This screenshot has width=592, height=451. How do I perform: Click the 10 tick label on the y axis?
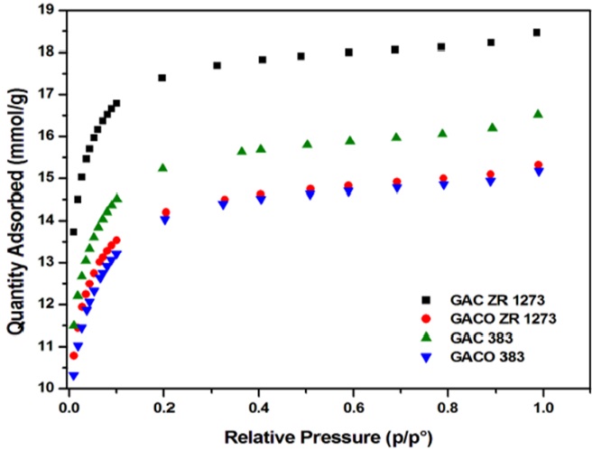tap(45, 388)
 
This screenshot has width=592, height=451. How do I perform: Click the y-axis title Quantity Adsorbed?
tap(15, 199)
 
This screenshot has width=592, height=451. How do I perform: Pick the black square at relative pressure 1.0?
tap(537, 33)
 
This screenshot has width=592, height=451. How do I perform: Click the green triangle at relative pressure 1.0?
tap(538, 114)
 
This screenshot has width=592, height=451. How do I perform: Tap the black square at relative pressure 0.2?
tap(162, 78)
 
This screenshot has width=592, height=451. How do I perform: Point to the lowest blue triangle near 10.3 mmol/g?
tap(73, 375)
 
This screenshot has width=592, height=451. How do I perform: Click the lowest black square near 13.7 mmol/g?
tap(73, 232)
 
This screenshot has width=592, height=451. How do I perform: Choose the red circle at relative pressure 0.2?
tap(165, 212)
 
